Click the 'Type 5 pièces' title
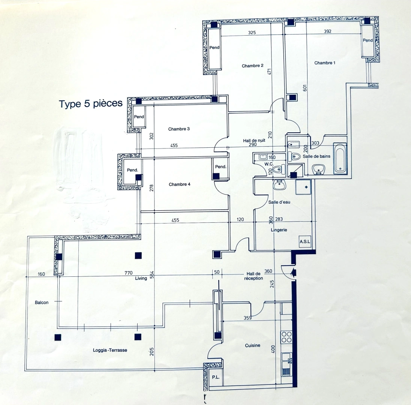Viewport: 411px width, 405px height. pos(90,103)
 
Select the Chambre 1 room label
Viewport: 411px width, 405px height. pos(324,63)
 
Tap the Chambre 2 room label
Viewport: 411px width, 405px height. pos(252,66)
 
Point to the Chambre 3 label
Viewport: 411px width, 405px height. pos(179,129)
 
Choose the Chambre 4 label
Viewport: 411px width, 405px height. pos(180,184)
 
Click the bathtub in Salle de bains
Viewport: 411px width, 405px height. pos(340,159)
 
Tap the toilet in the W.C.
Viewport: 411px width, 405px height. pos(278,170)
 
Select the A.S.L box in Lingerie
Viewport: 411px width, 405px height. pos(305,242)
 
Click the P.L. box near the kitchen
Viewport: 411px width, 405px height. pos(216,377)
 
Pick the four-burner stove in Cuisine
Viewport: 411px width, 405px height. pos(287,337)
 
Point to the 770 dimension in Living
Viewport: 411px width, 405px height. pos(128,273)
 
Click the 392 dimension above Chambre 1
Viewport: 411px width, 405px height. pos(327,32)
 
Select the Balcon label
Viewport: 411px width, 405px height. pos(42,302)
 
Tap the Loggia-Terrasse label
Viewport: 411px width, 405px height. pos(110,350)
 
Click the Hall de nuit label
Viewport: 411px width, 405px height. pos(254,140)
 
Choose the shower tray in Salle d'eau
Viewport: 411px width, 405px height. pos(303,187)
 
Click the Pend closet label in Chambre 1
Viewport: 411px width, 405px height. pos(367,40)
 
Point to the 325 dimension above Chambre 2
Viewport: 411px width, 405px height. pos(252,33)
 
